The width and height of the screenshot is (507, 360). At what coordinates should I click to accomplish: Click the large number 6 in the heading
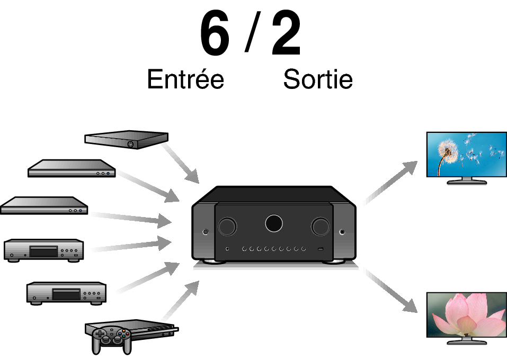(215, 33)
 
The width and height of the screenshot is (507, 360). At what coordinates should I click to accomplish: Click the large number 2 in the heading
(287, 33)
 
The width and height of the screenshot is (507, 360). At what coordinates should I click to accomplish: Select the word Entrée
(185, 79)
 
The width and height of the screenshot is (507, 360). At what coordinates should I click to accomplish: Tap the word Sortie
(318, 79)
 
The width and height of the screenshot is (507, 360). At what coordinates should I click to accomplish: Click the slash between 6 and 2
(253, 31)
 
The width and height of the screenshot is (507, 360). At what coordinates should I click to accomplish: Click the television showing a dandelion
(467, 158)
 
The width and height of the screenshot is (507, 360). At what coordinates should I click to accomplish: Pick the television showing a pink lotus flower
(467, 318)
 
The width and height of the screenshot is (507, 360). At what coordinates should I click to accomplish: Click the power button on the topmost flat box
(130, 145)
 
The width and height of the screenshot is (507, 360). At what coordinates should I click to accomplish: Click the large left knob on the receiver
(227, 226)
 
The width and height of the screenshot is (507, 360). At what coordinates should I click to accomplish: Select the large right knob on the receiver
(320, 226)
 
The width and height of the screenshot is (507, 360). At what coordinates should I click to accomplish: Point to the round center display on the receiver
(274, 223)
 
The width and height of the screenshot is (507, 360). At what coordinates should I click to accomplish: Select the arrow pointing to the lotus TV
(390, 290)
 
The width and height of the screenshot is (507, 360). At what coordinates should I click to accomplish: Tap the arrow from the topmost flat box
(180, 164)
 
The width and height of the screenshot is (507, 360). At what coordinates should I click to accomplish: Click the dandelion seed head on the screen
(448, 150)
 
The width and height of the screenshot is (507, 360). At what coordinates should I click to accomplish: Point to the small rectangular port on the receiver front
(320, 249)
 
